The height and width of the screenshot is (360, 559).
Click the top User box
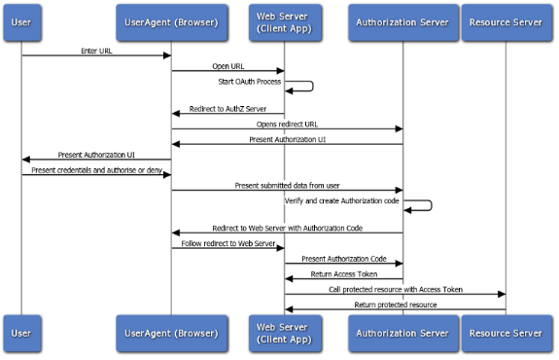pos(22,21)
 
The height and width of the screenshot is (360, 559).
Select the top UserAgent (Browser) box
pos(171,21)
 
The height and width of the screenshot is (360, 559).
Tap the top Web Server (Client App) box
pos(284,21)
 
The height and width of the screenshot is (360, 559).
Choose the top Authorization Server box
pos(403,21)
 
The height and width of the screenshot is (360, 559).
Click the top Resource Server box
pos(506,21)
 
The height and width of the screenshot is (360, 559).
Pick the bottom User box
pos(22,333)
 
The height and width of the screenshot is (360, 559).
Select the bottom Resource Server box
pos(506,333)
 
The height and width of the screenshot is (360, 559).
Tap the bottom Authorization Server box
pos(403,333)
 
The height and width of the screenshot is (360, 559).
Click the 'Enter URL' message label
pos(97,50)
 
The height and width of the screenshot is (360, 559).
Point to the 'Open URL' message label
pos(228,66)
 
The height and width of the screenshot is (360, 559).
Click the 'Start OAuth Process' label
pos(249,81)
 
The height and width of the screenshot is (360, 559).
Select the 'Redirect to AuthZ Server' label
pos(228,109)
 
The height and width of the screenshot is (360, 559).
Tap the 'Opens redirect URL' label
pos(288,125)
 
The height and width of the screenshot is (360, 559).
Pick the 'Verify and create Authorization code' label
pos(342,198)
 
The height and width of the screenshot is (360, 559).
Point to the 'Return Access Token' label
pos(343,274)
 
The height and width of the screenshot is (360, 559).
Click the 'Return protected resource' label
pos(395,304)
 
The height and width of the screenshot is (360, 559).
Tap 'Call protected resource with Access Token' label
pos(395,289)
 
